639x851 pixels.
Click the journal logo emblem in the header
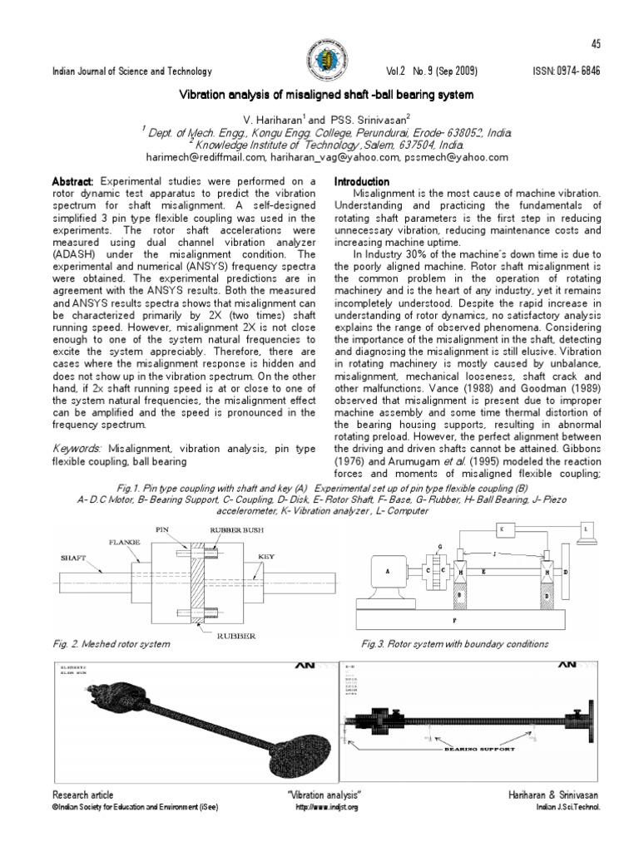(x=319, y=61)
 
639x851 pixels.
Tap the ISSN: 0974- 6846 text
(x=566, y=72)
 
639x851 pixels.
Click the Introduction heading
(x=361, y=181)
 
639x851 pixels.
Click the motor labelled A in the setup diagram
(x=387, y=571)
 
